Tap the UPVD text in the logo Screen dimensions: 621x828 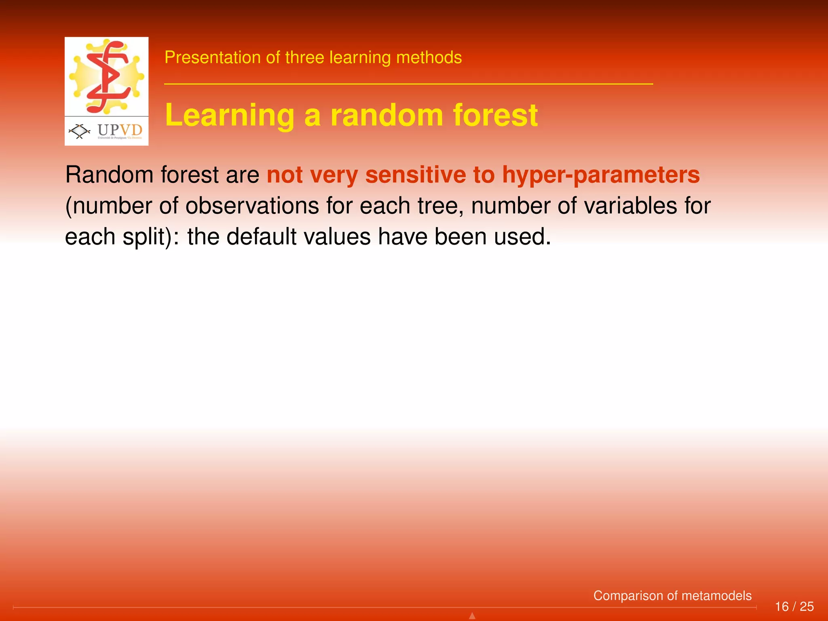click(x=120, y=130)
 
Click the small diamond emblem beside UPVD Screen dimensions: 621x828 click(x=80, y=131)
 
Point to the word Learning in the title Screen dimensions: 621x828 click(x=230, y=115)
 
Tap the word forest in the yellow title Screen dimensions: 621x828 click(x=495, y=115)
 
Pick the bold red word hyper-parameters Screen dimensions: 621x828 click(x=601, y=175)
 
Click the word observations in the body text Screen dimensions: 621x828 click(x=252, y=205)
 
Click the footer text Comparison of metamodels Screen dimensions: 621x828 click(x=672, y=596)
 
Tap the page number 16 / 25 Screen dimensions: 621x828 click(x=794, y=606)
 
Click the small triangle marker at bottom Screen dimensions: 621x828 click(x=472, y=616)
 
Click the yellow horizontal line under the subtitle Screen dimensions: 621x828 click(x=408, y=84)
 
